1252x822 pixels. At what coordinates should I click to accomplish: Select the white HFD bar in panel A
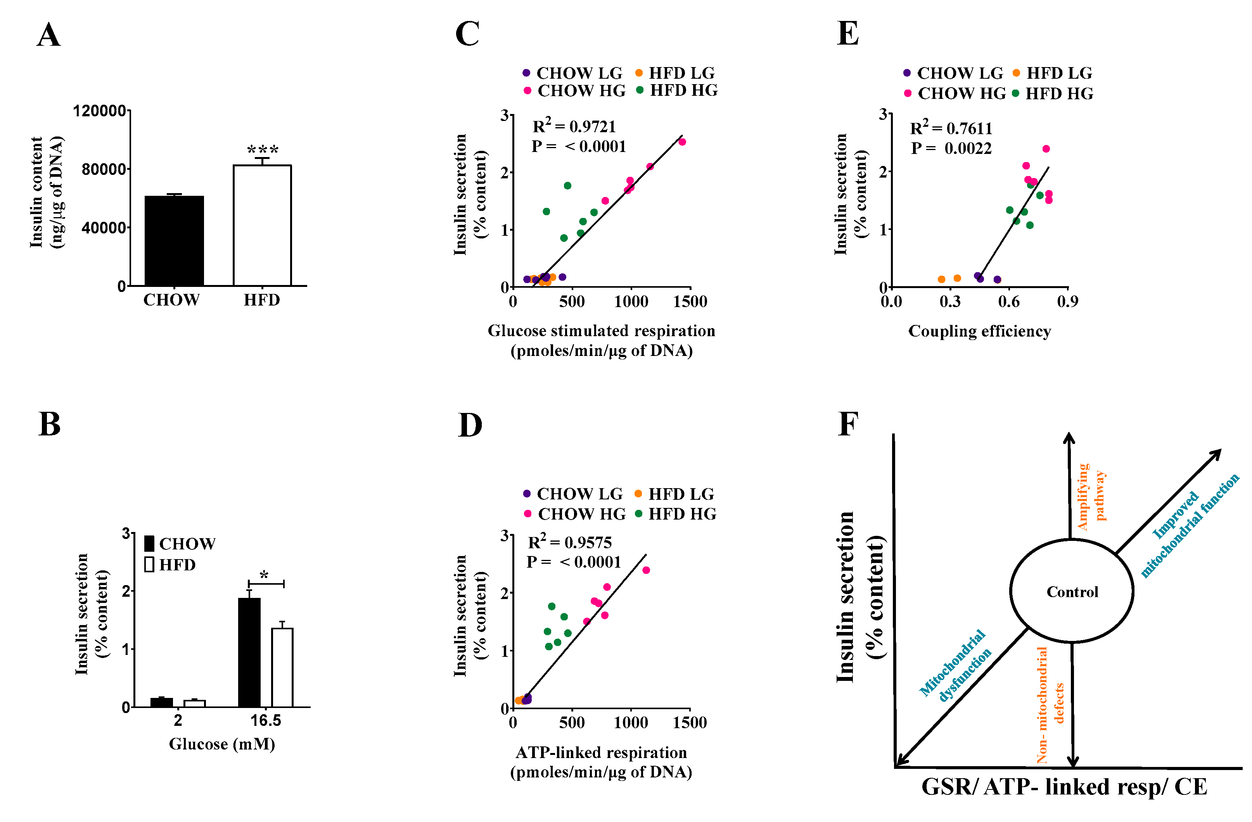click(x=262, y=226)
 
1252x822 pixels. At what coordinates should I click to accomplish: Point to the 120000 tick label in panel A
click(x=99, y=111)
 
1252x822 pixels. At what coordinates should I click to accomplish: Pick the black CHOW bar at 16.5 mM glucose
click(x=249, y=652)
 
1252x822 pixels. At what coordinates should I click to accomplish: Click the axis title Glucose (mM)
click(x=221, y=744)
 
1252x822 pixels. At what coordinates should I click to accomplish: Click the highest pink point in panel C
click(x=682, y=142)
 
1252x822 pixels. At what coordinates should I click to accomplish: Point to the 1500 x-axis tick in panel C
click(x=690, y=301)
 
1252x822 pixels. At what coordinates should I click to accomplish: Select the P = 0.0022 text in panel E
click(x=951, y=148)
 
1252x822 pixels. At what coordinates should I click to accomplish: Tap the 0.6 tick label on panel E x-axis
click(x=1008, y=301)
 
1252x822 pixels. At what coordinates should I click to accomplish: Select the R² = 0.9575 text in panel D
click(x=569, y=542)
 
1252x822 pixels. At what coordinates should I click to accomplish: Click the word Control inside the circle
click(x=1072, y=592)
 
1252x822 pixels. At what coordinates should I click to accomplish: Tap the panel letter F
click(x=847, y=424)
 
